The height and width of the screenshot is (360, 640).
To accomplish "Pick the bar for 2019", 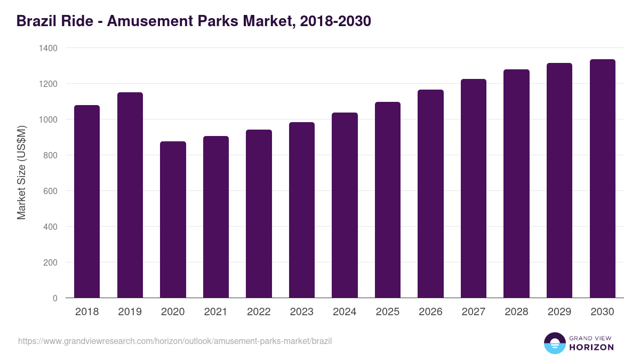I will point(130,195).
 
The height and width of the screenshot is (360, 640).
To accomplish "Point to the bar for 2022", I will point(259,214).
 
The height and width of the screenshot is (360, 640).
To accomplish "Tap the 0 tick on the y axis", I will point(55,298).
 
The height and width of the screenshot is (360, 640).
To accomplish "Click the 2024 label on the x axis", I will point(345,312).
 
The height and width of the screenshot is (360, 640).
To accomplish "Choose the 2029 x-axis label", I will point(559,312).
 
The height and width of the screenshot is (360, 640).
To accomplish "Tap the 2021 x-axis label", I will point(216,312).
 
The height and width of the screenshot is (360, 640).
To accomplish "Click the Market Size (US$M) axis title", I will point(21,173).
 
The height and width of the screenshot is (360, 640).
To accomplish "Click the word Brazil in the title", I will point(35,21).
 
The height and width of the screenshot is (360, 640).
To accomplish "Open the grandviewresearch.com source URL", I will point(175,341).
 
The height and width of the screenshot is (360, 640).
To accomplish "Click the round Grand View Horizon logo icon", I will point(554,343).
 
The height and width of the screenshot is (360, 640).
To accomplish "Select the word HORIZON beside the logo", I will point(591,347).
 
